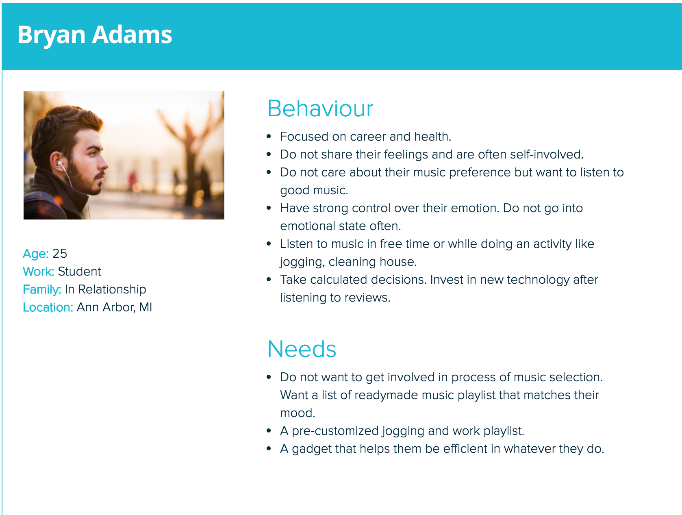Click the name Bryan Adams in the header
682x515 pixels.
coord(95,35)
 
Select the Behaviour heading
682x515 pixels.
coord(320,109)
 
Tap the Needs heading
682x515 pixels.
coord(302,349)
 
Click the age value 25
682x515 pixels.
coord(60,254)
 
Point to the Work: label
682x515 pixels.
coord(39,272)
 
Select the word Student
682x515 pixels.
coord(80,272)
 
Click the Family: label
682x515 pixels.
coord(42,289)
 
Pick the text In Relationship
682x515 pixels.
coord(106,289)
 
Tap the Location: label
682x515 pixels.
coord(48,307)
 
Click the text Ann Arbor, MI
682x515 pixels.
coord(114,307)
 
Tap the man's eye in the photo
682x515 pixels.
coord(93,153)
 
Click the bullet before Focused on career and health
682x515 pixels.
coord(269,136)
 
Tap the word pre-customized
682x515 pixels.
coord(335,431)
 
